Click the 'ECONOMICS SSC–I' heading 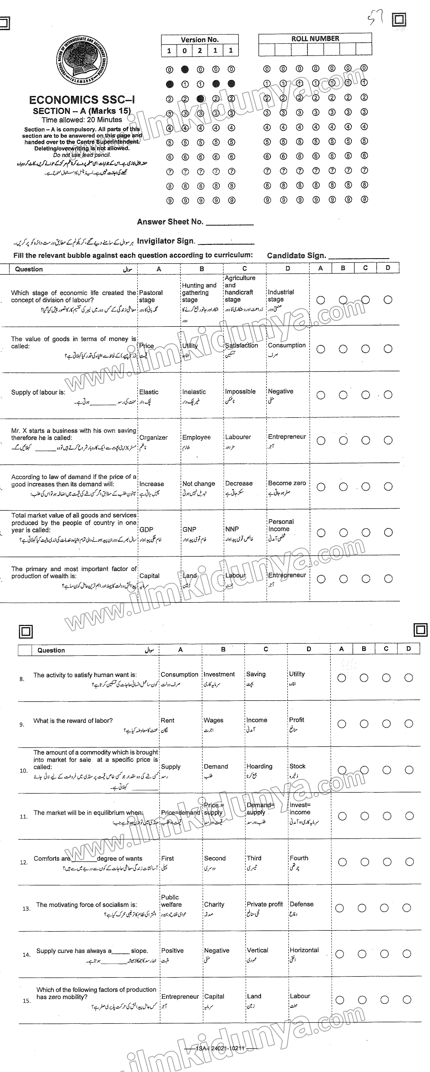pyautogui.click(x=82, y=100)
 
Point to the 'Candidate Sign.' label pyautogui.click(x=296, y=255)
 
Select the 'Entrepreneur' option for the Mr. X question pyautogui.click(x=287, y=437)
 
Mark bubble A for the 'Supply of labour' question pyautogui.click(x=321, y=395)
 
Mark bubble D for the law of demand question pyautogui.click(x=388, y=486)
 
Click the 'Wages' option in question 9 pyautogui.click(x=213, y=720)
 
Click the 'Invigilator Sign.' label pyautogui.click(x=166, y=241)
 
